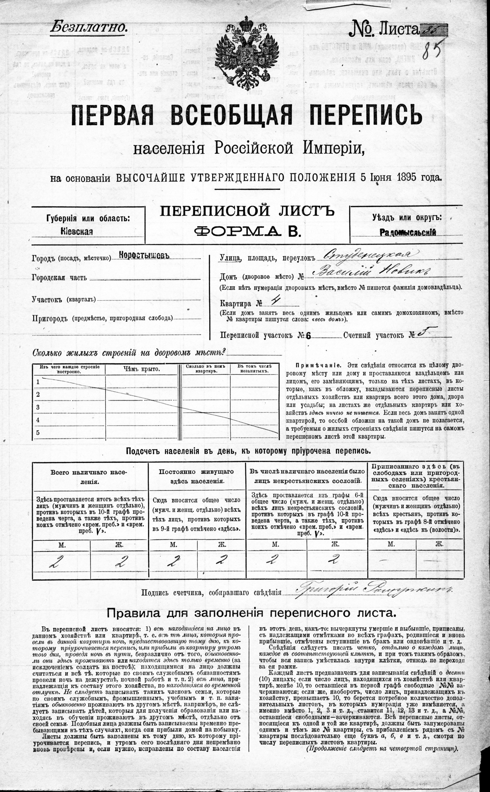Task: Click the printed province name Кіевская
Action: pos(77,231)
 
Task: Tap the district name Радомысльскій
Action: pos(408,232)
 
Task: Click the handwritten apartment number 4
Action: pos(275,302)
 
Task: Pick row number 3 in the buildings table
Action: pos(38,407)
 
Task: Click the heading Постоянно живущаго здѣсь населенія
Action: pos(196,476)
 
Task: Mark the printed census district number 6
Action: pos(308,336)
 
